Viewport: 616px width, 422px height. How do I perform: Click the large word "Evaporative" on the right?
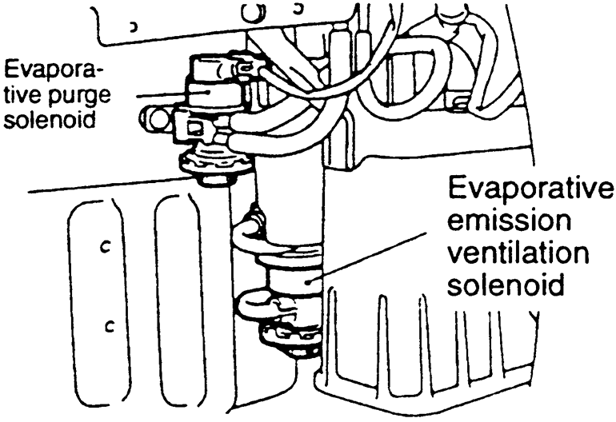(x=530, y=193)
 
